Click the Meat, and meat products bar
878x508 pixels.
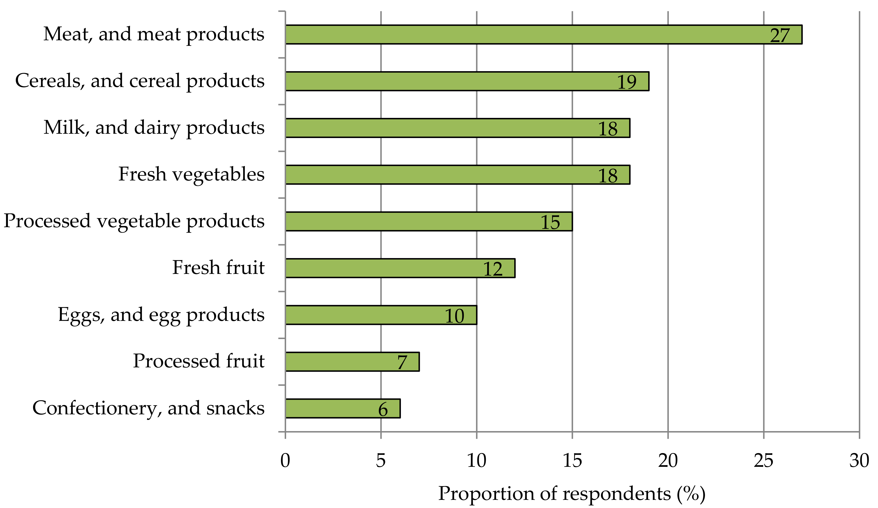click(x=523, y=35)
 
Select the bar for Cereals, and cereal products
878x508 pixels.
click(x=453, y=81)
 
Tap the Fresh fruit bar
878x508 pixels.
click(x=383, y=268)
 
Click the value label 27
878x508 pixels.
click(x=780, y=35)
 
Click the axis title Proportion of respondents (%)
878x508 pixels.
click(x=572, y=494)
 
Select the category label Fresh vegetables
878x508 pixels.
click(x=191, y=174)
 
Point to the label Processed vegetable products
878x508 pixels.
click(x=134, y=221)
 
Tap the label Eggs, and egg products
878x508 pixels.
click(x=161, y=315)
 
